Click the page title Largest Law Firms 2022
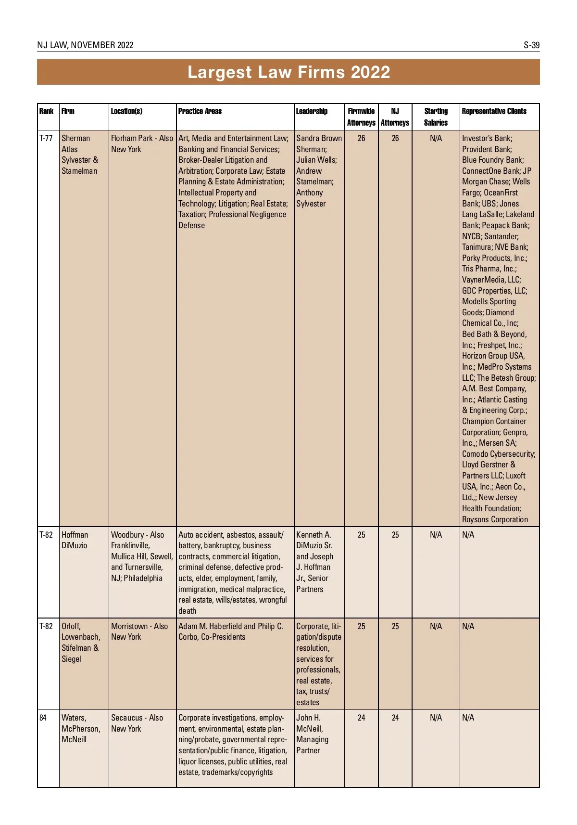288,72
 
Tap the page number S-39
531,45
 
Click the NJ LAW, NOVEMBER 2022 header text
85,45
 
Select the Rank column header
46,111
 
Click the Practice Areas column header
200,111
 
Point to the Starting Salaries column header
436,116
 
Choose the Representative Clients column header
494,111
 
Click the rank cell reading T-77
46,138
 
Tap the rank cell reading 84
43,718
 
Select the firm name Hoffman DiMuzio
75,540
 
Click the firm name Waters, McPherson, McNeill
80,728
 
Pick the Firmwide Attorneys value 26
361,138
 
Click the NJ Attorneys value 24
395,718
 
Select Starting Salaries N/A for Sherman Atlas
436,138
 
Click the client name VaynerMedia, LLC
491,280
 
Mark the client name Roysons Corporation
495,519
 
